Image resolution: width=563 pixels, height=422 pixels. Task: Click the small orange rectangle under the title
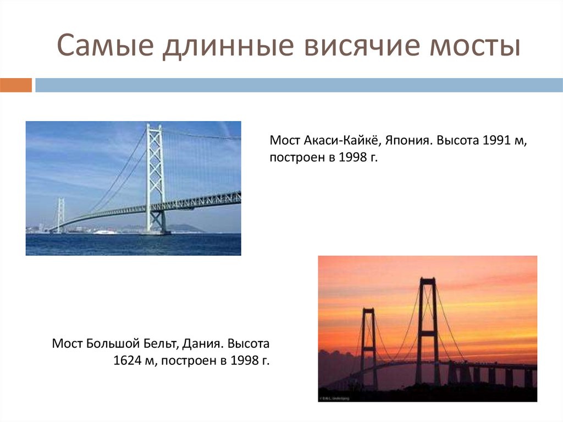(16, 85)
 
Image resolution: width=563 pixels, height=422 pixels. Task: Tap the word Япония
(410, 140)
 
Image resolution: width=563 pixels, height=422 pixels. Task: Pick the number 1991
(497, 140)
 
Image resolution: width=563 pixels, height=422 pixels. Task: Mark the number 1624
(128, 361)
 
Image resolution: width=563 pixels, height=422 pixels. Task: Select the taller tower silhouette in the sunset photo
(427, 330)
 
